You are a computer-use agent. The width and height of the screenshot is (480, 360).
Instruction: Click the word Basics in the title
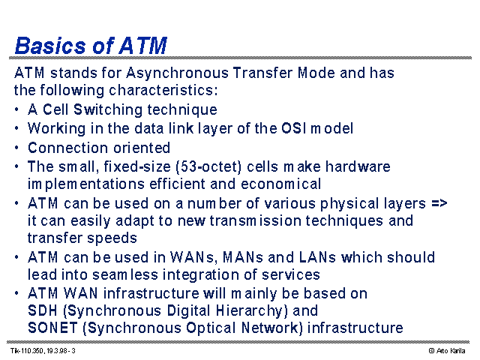(x=50, y=46)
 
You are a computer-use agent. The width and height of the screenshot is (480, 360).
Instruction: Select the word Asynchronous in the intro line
(x=177, y=73)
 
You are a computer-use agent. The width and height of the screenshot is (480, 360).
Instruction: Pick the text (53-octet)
(x=208, y=166)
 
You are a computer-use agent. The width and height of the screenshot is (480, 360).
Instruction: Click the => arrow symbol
(x=439, y=203)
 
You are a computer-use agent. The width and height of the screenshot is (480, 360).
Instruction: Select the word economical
(x=280, y=184)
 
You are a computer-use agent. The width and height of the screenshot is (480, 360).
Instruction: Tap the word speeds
(x=112, y=238)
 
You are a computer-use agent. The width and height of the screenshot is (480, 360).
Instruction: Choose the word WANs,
(x=193, y=257)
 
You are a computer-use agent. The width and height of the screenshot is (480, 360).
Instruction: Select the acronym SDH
(x=42, y=310)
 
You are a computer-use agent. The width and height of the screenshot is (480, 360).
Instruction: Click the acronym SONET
(x=52, y=328)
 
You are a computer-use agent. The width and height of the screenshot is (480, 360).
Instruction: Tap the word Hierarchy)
(x=252, y=310)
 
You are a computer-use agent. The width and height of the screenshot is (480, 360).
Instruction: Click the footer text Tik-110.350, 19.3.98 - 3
(x=43, y=351)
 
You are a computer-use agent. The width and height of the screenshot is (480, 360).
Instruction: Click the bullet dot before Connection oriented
(x=16, y=148)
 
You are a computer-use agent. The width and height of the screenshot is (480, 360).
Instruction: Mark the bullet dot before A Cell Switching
(x=16, y=109)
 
